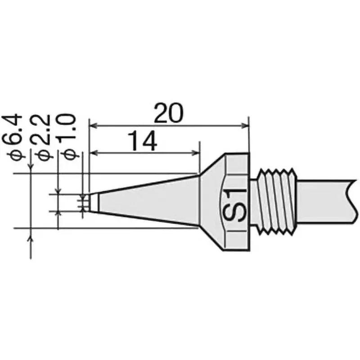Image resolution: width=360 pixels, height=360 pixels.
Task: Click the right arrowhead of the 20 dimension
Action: (246, 126)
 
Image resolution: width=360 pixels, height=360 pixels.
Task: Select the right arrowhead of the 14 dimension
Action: (196, 153)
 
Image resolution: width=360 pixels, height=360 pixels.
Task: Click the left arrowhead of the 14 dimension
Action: (94, 153)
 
